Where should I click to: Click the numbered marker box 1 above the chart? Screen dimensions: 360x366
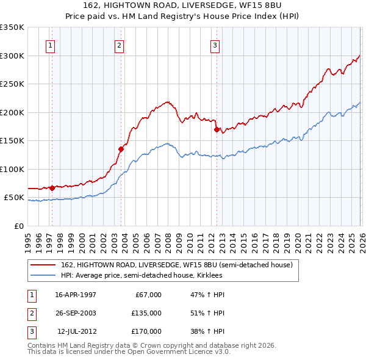(x=50, y=45)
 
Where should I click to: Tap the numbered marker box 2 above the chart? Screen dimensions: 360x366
(x=120, y=45)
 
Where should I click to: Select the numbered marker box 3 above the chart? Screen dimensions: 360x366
(x=215, y=45)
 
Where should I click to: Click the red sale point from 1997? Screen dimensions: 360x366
(x=52, y=188)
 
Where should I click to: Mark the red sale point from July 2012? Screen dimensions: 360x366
(x=217, y=129)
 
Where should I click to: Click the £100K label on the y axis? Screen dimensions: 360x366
(x=12, y=169)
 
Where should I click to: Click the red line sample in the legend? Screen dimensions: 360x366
(x=43, y=265)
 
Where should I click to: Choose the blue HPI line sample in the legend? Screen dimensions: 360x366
(x=43, y=276)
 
